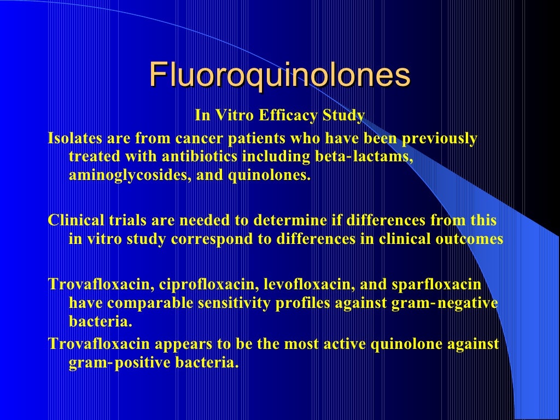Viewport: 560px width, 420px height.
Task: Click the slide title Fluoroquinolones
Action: (279, 75)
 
